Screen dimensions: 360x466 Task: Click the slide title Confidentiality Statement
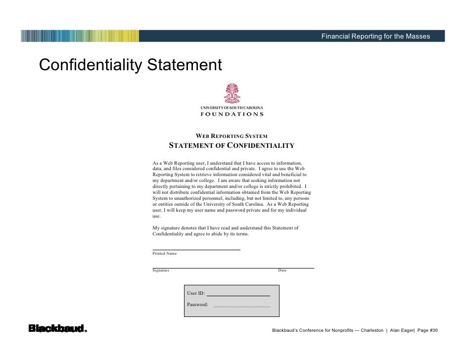[x=130, y=65]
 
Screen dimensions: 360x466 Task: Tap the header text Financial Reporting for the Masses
[x=375, y=36]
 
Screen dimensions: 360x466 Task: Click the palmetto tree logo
[x=232, y=93]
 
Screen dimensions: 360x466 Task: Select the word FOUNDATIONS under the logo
[x=232, y=114]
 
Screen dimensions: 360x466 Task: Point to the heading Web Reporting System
[x=232, y=136]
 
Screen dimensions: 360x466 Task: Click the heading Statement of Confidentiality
[x=232, y=145]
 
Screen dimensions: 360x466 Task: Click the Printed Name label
[x=164, y=253]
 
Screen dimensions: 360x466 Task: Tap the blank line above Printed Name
[x=196, y=249]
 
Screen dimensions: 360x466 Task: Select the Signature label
[x=161, y=270]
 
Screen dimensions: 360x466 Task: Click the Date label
[x=282, y=270]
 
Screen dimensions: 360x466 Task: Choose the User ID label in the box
[x=195, y=293]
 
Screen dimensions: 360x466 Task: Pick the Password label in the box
[x=197, y=305]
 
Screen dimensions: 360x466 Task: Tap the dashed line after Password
[x=241, y=307]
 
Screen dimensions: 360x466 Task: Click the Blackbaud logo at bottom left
[x=57, y=328]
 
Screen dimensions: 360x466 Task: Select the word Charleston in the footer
[x=372, y=330]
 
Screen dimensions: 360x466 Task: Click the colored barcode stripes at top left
[x=80, y=36]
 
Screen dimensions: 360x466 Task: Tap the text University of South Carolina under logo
[x=232, y=107]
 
